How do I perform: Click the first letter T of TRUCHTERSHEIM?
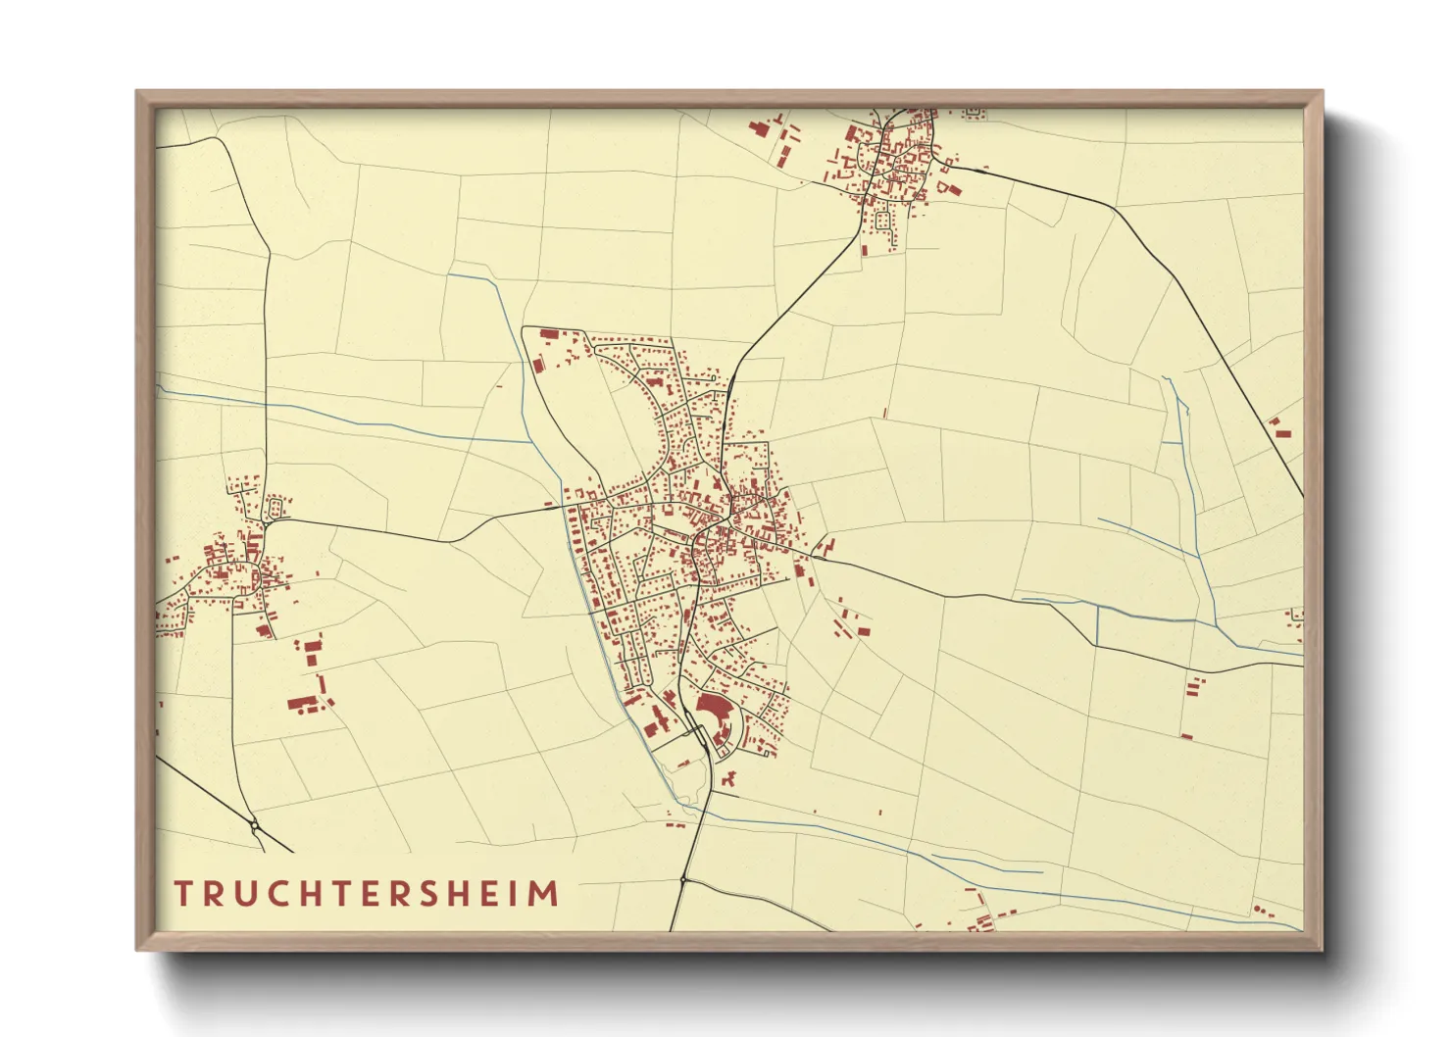coord(183,894)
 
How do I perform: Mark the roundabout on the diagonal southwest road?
coord(255,826)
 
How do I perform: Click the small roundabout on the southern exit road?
coord(682,881)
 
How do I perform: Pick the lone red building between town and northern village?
coord(884,414)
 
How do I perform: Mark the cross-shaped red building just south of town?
coord(727,779)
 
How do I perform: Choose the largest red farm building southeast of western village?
coord(303,702)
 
